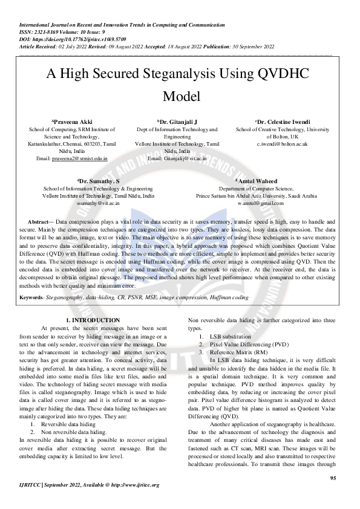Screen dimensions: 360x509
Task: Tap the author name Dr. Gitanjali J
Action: point(180,122)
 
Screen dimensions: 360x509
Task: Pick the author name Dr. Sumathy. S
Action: point(99,181)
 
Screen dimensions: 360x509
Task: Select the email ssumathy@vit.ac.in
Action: point(98,203)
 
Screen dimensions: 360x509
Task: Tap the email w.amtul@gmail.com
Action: point(261,203)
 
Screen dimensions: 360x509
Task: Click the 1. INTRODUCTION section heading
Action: point(93,320)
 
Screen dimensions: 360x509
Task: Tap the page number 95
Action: point(333,479)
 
